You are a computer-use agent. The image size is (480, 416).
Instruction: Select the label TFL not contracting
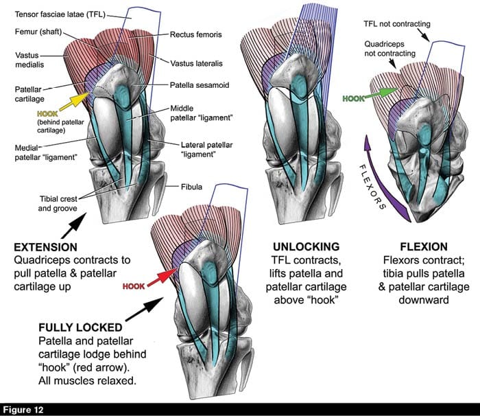[398, 25]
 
